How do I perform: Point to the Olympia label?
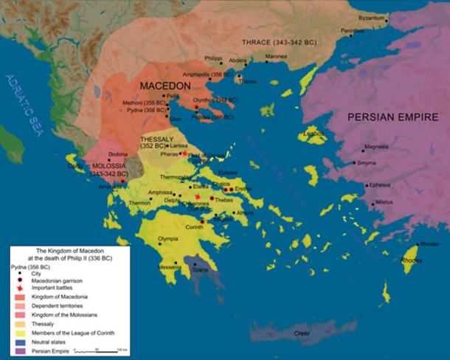(x=170, y=240)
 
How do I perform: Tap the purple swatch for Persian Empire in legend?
(x=16, y=350)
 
